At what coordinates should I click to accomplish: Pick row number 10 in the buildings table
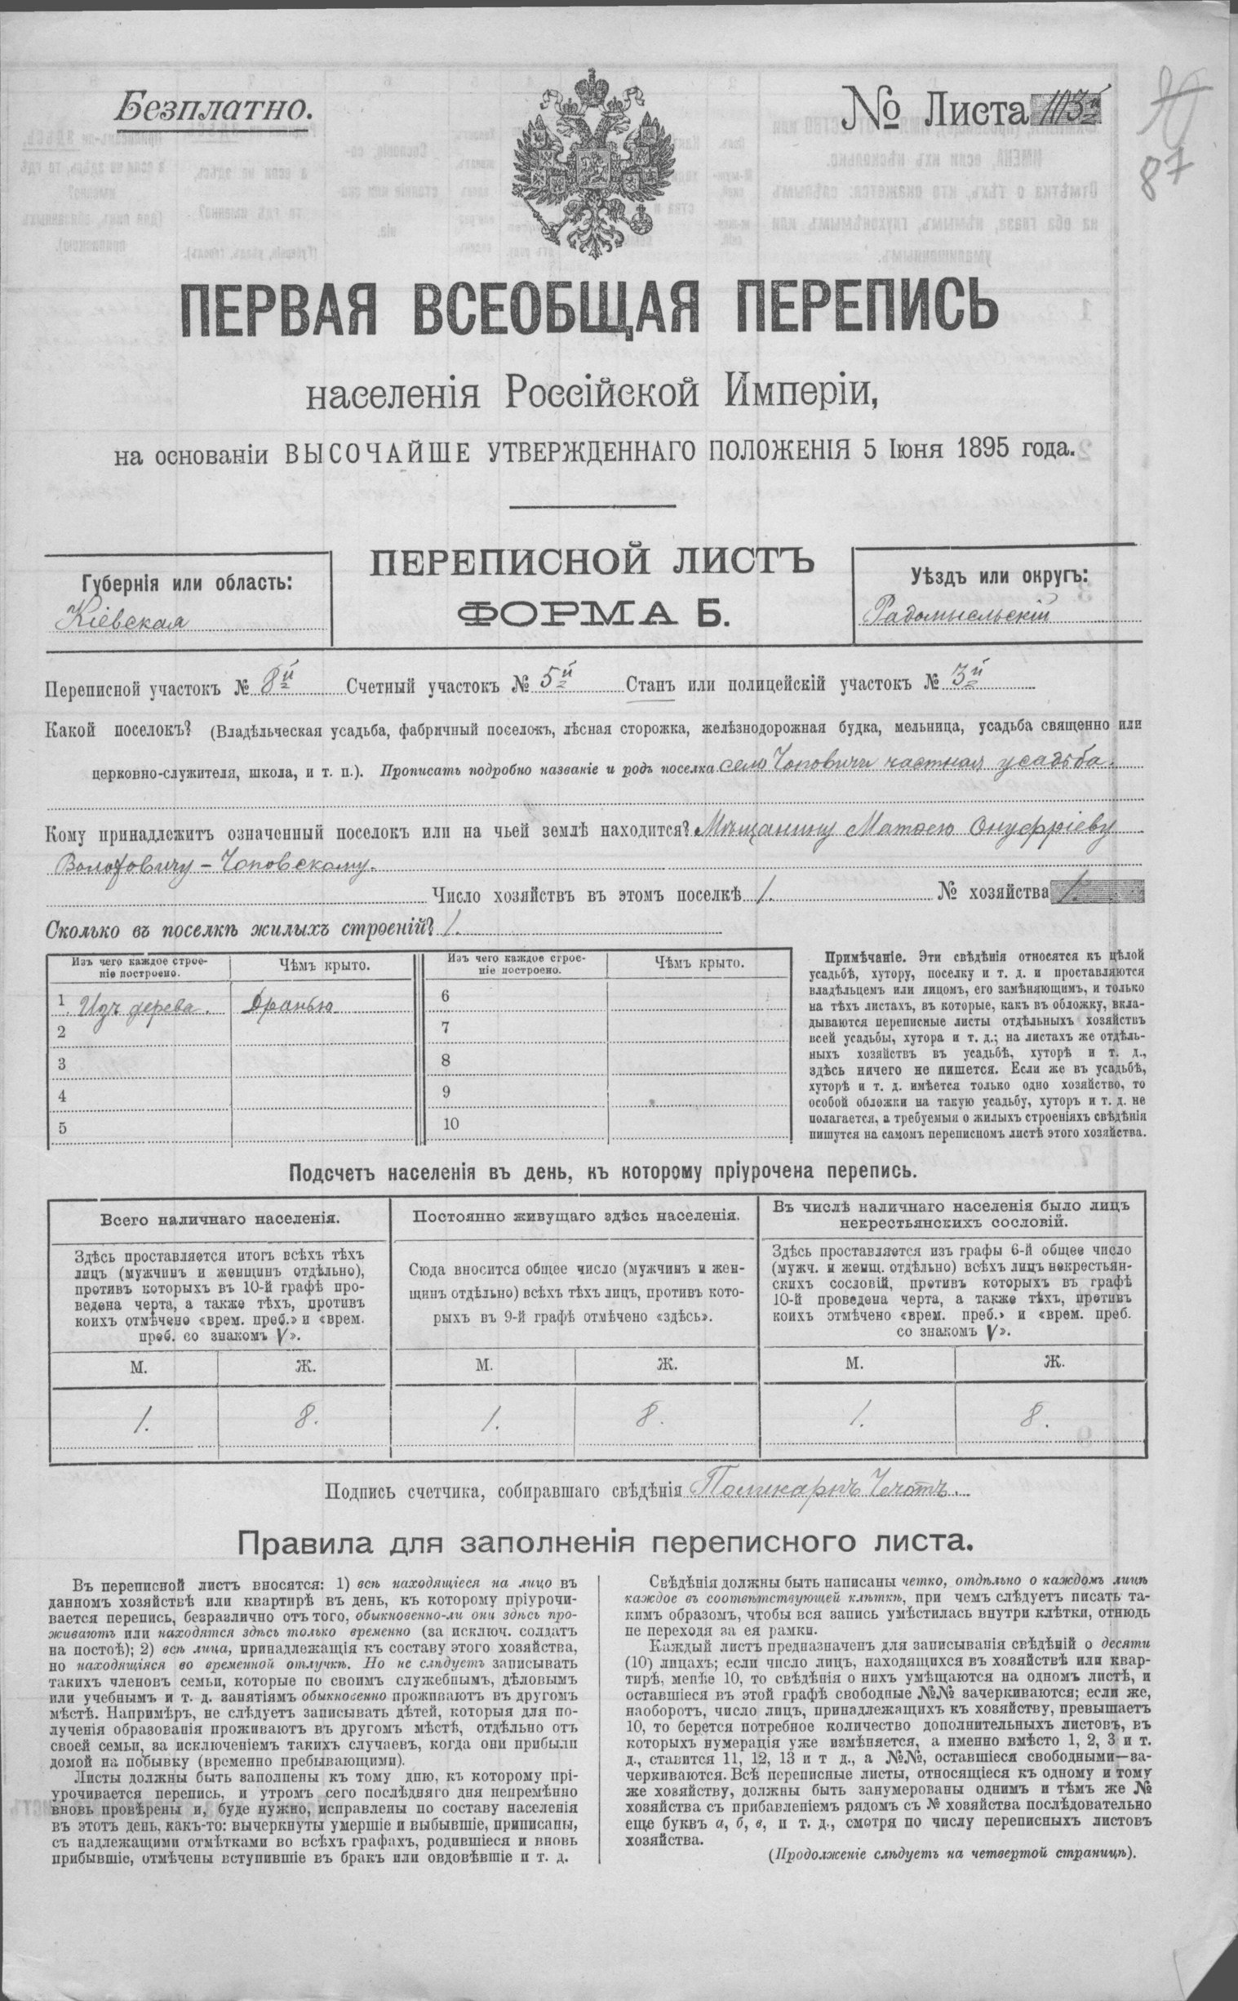(450, 1123)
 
